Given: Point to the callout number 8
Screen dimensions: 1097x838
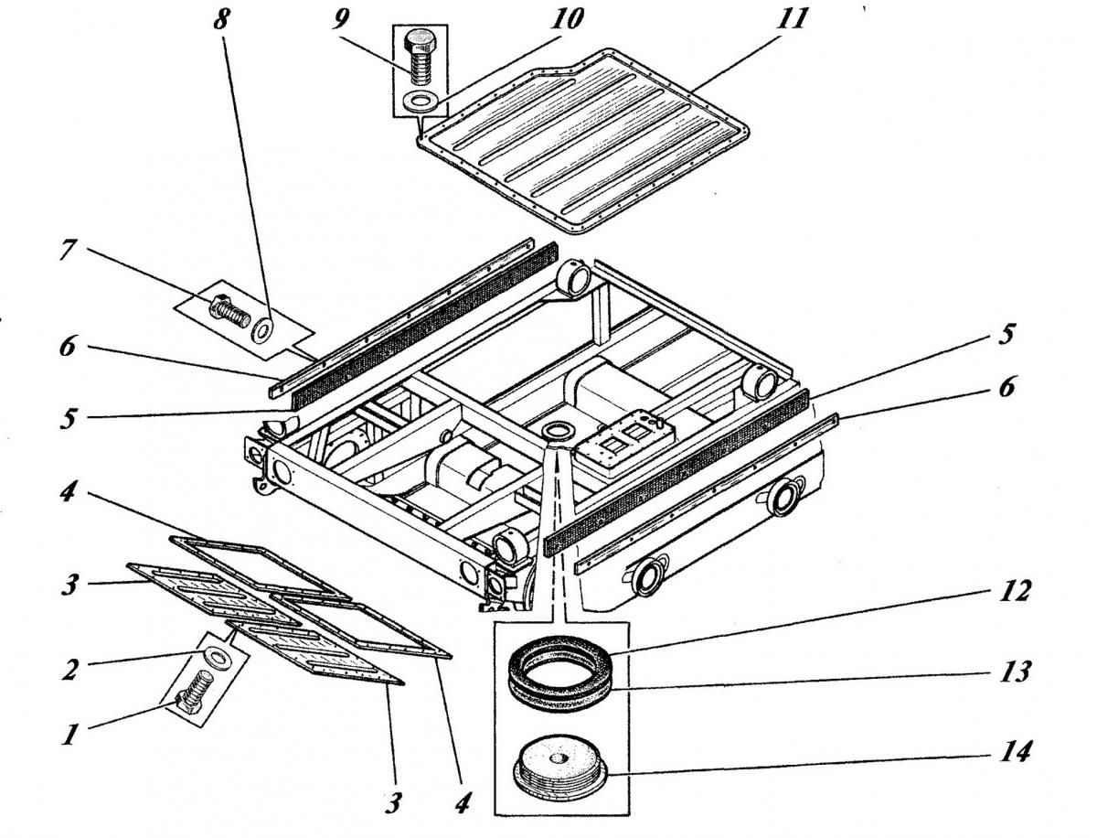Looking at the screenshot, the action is point(221,19).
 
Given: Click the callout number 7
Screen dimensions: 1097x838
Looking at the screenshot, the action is point(69,249).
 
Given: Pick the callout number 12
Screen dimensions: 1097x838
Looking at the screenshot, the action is point(1015,590).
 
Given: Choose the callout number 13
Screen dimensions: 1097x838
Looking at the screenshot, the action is point(1015,671).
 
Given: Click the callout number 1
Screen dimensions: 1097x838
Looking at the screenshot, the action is point(69,734).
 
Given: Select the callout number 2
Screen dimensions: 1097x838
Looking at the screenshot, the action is point(70,669).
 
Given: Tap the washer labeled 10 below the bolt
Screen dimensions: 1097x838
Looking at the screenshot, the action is point(421,101).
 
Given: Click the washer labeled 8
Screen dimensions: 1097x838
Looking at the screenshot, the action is point(263,328).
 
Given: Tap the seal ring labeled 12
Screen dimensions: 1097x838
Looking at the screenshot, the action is point(560,659).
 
